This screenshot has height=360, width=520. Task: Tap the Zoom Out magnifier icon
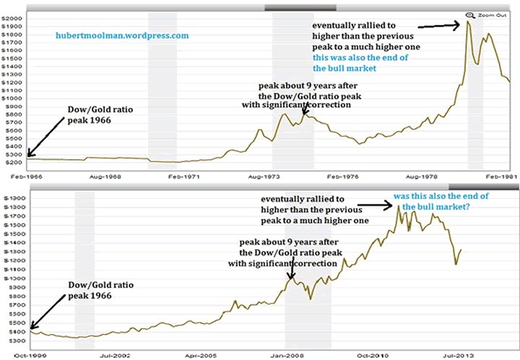pos(470,14)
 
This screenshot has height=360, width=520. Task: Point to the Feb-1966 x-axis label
pos(14,176)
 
